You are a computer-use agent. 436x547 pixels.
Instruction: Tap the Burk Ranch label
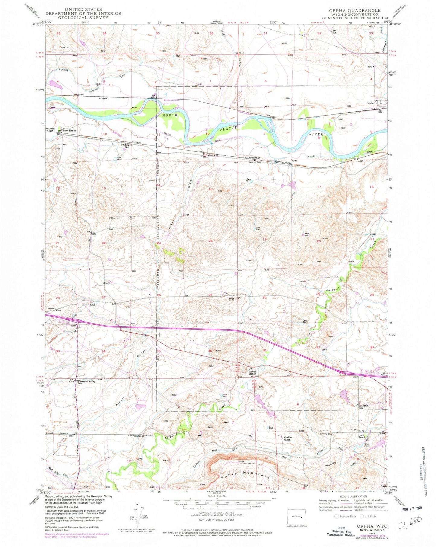coord(69,131)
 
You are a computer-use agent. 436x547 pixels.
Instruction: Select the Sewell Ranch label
coord(252,373)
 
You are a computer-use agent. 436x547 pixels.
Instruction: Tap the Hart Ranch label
coord(362,437)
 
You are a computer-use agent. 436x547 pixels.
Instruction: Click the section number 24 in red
coord(211,241)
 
